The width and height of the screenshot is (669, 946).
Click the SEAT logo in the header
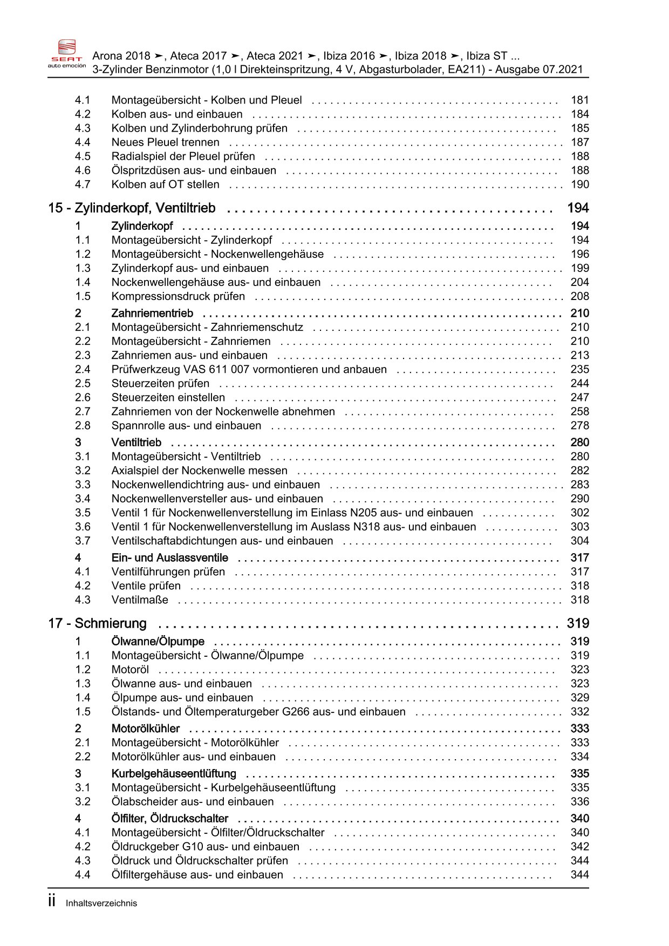pyautogui.click(x=67, y=53)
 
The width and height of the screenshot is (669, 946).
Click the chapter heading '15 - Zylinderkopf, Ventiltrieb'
pyautogui.click(x=132, y=208)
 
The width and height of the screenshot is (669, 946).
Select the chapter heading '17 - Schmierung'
pyautogui.click(x=97, y=624)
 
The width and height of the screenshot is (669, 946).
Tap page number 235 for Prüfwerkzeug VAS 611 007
pyautogui.click(x=579, y=370)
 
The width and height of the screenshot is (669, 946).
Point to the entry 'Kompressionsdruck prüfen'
pyautogui.click(x=178, y=297)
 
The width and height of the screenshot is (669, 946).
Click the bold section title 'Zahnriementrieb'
pyautogui.click(x=152, y=314)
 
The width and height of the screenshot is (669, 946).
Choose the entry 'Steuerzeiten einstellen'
pyautogui.click(x=168, y=398)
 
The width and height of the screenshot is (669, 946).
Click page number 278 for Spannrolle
pyautogui.click(x=579, y=426)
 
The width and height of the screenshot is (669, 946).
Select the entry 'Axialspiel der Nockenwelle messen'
pyautogui.click(x=199, y=471)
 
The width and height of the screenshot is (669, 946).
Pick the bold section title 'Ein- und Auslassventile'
pyautogui.click(x=169, y=558)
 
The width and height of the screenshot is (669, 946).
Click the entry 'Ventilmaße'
pyautogui.click(x=140, y=600)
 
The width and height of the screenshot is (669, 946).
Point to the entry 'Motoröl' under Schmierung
pyautogui.click(x=130, y=670)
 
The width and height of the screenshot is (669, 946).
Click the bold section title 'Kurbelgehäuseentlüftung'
pyautogui.click(x=174, y=774)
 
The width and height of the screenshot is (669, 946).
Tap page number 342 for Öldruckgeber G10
pyautogui.click(x=579, y=847)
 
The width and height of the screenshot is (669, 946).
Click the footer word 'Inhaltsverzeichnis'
pyautogui.click(x=101, y=903)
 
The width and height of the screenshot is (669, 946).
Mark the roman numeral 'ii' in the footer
pyautogui.click(x=52, y=902)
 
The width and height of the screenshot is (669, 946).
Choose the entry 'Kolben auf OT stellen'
pyautogui.click(x=165, y=185)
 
